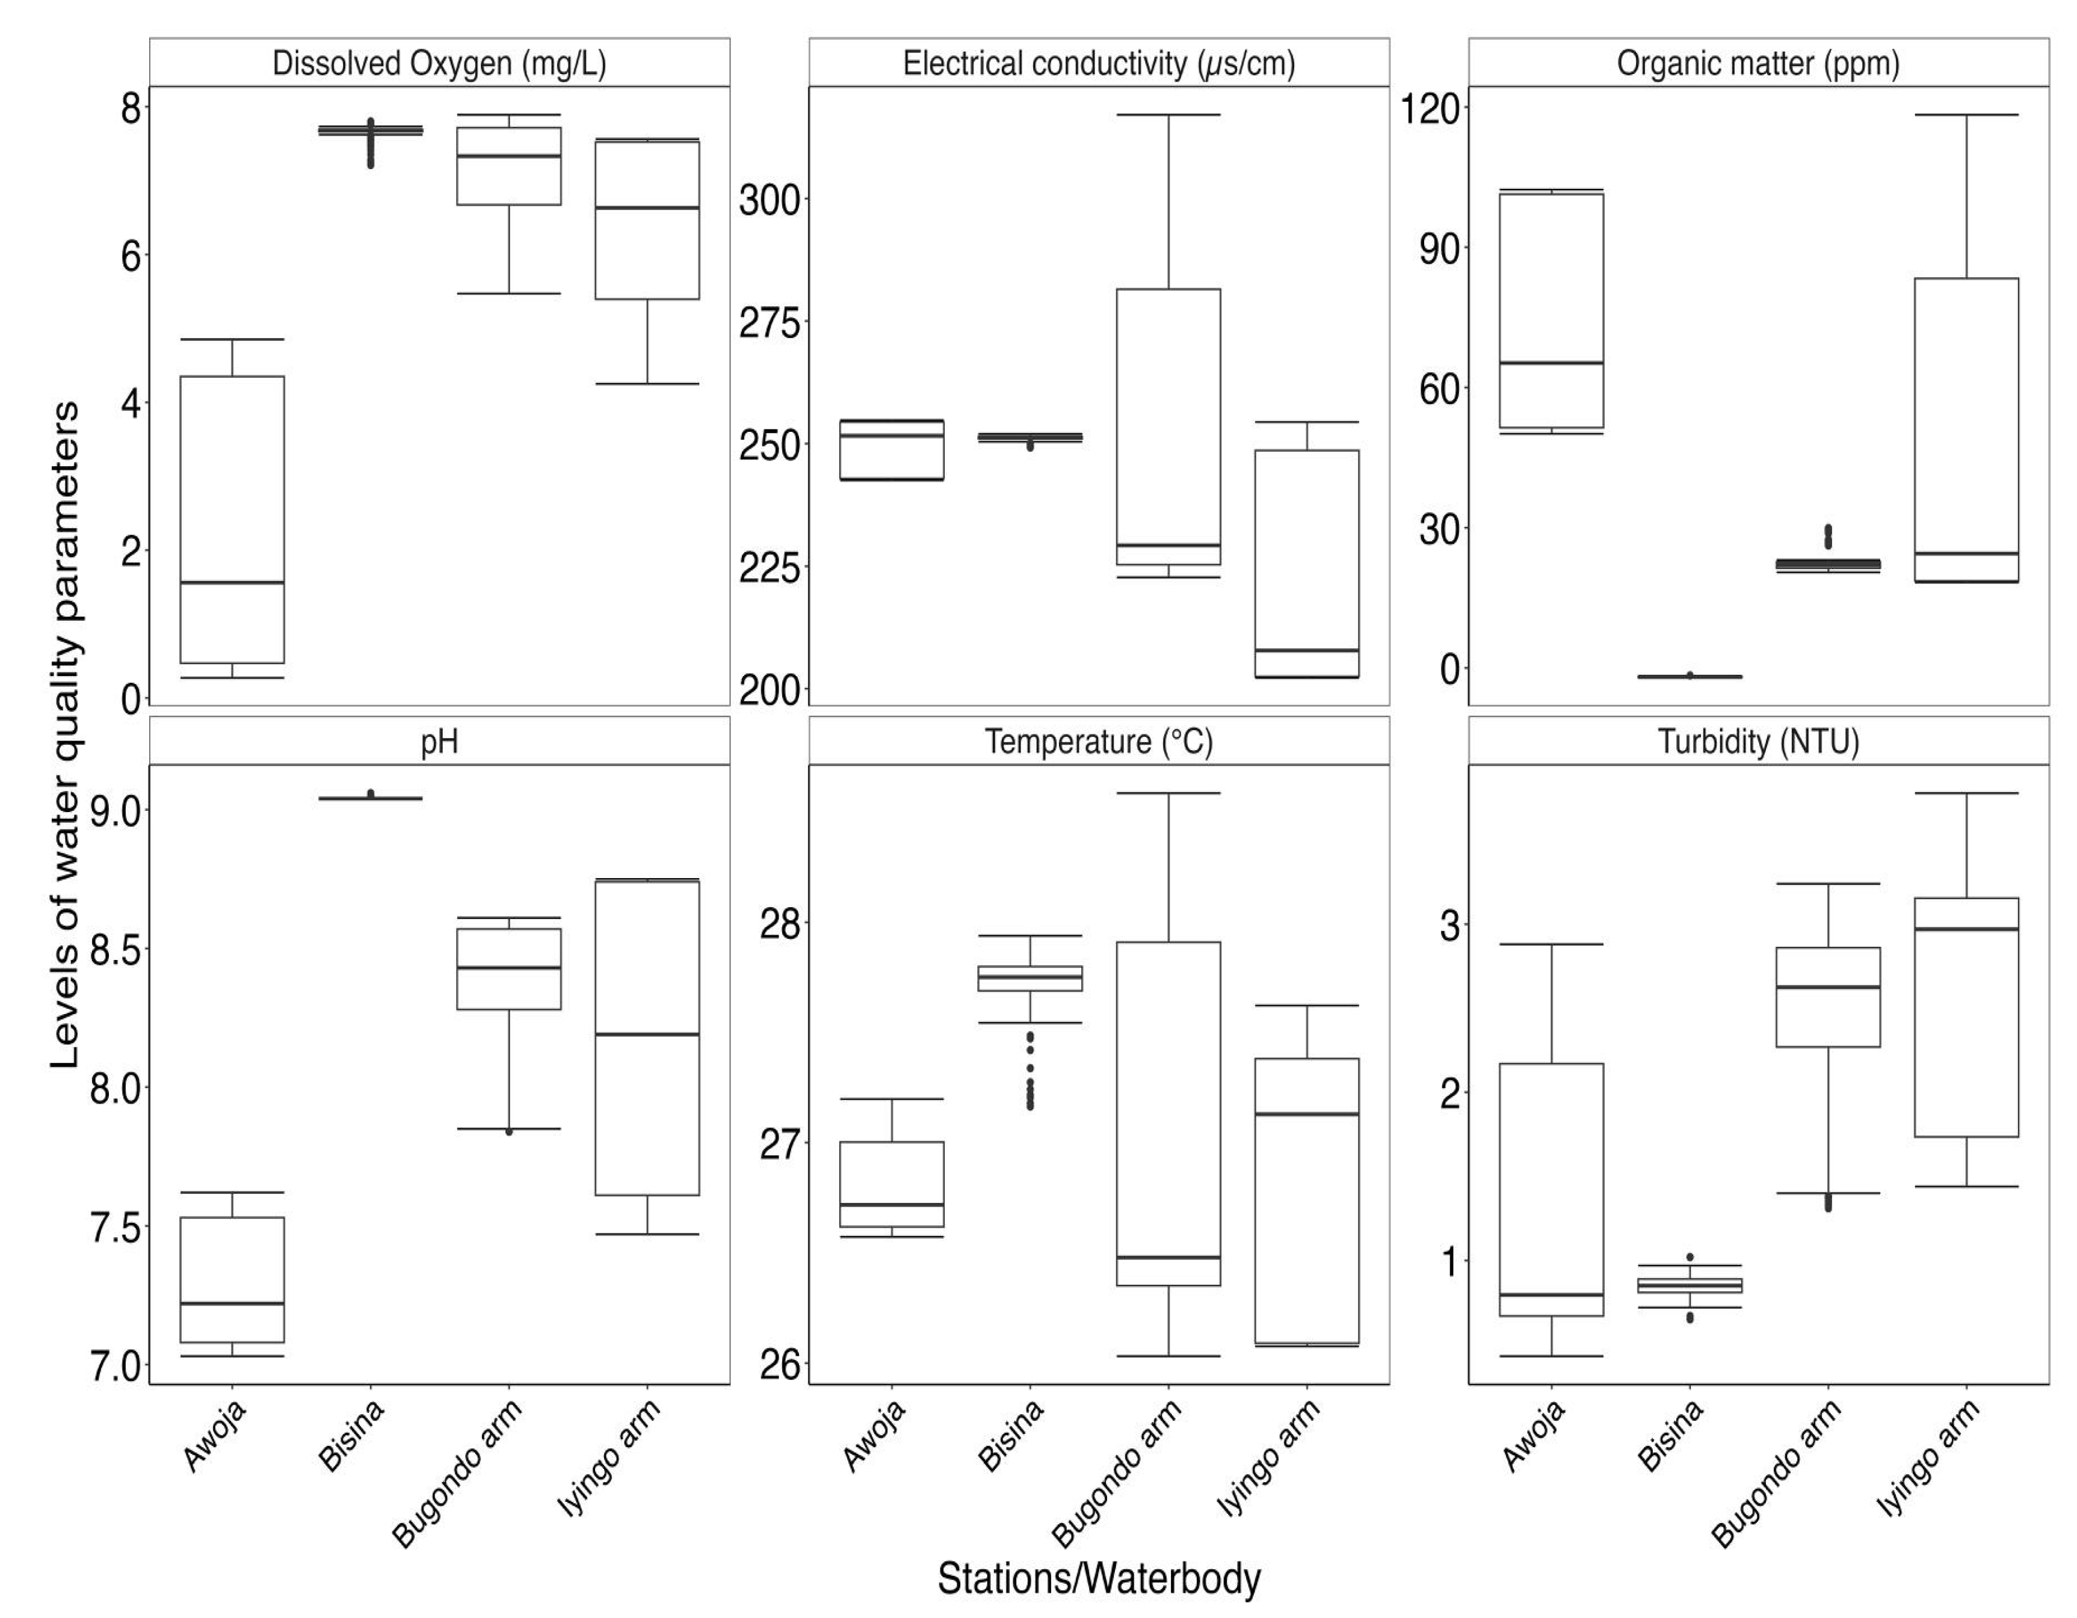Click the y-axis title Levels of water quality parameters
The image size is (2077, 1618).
coord(64,733)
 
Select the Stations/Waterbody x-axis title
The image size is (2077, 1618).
coord(1099,1578)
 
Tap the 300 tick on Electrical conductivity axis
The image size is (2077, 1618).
coord(770,200)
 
